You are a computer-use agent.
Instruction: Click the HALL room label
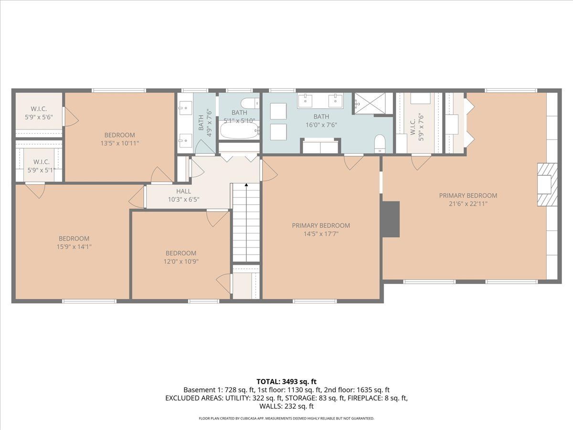click(x=183, y=191)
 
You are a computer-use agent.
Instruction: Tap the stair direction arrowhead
click(x=246, y=185)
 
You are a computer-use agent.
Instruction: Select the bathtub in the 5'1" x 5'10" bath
click(x=239, y=130)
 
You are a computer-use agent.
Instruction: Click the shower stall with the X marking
click(x=370, y=103)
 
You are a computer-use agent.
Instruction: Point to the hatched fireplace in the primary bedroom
click(x=547, y=184)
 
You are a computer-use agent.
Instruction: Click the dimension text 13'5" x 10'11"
click(x=119, y=143)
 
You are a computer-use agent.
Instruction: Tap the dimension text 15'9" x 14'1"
click(x=74, y=247)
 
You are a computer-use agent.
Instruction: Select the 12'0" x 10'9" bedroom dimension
click(x=181, y=261)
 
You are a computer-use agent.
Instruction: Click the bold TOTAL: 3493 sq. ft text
click(x=286, y=382)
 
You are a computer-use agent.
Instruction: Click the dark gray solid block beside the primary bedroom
click(x=391, y=219)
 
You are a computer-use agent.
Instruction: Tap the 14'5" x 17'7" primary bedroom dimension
click(x=321, y=234)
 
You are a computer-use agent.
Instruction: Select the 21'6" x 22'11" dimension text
click(x=468, y=204)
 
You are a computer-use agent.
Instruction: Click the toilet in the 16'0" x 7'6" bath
click(x=380, y=144)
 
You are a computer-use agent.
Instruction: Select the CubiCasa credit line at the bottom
click(x=286, y=418)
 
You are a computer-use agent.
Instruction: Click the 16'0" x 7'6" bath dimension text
click(x=321, y=125)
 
